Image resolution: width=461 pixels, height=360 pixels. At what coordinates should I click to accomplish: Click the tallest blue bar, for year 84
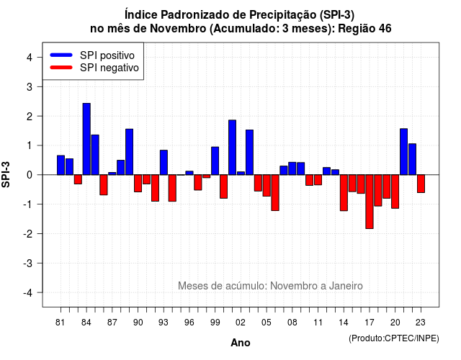pyautogui.click(x=86, y=139)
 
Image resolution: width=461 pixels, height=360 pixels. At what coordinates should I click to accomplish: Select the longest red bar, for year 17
pyautogui.click(x=370, y=202)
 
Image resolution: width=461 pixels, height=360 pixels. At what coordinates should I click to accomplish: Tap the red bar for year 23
pyautogui.click(x=421, y=184)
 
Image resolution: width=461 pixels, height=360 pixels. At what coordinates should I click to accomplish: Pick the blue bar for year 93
pyautogui.click(x=164, y=163)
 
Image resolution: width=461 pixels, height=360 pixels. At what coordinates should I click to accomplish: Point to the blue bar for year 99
pyautogui.click(x=215, y=161)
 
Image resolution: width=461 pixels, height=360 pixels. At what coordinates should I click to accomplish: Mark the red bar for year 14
pyautogui.click(x=344, y=193)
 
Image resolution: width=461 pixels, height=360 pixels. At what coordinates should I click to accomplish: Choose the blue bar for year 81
pyautogui.click(x=61, y=165)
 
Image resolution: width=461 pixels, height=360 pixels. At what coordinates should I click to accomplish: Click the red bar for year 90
pyautogui.click(x=138, y=184)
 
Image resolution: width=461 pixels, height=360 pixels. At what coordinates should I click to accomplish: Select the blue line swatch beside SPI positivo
pyautogui.click(x=61, y=55)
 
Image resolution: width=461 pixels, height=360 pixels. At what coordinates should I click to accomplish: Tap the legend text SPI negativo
pyautogui.click(x=109, y=68)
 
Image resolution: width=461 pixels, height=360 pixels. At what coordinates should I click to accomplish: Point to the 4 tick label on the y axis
pyautogui.click(x=30, y=58)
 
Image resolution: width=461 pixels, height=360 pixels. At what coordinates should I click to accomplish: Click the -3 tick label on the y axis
pyautogui.click(x=27, y=264)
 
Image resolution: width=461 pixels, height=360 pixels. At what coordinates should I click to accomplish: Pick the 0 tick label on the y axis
pyautogui.click(x=30, y=175)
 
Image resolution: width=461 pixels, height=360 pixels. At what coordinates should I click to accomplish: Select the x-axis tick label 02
pyautogui.click(x=241, y=323)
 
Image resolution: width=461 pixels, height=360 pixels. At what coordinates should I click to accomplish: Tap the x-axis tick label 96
pyautogui.click(x=189, y=323)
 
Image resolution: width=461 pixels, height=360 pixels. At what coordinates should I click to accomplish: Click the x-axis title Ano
pyautogui.click(x=241, y=343)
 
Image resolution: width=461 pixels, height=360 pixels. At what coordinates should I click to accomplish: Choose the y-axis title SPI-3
pyautogui.click(x=6, y=174)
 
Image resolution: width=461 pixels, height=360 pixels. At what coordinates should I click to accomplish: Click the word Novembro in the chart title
pyautogui.click(x=178, y=29)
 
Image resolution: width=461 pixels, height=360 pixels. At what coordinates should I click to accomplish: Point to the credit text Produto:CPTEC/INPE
pyautogui.click(x=394, y=338)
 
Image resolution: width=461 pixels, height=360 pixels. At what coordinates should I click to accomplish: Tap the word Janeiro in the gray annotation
pyautogui.click(x=346, y=286)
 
